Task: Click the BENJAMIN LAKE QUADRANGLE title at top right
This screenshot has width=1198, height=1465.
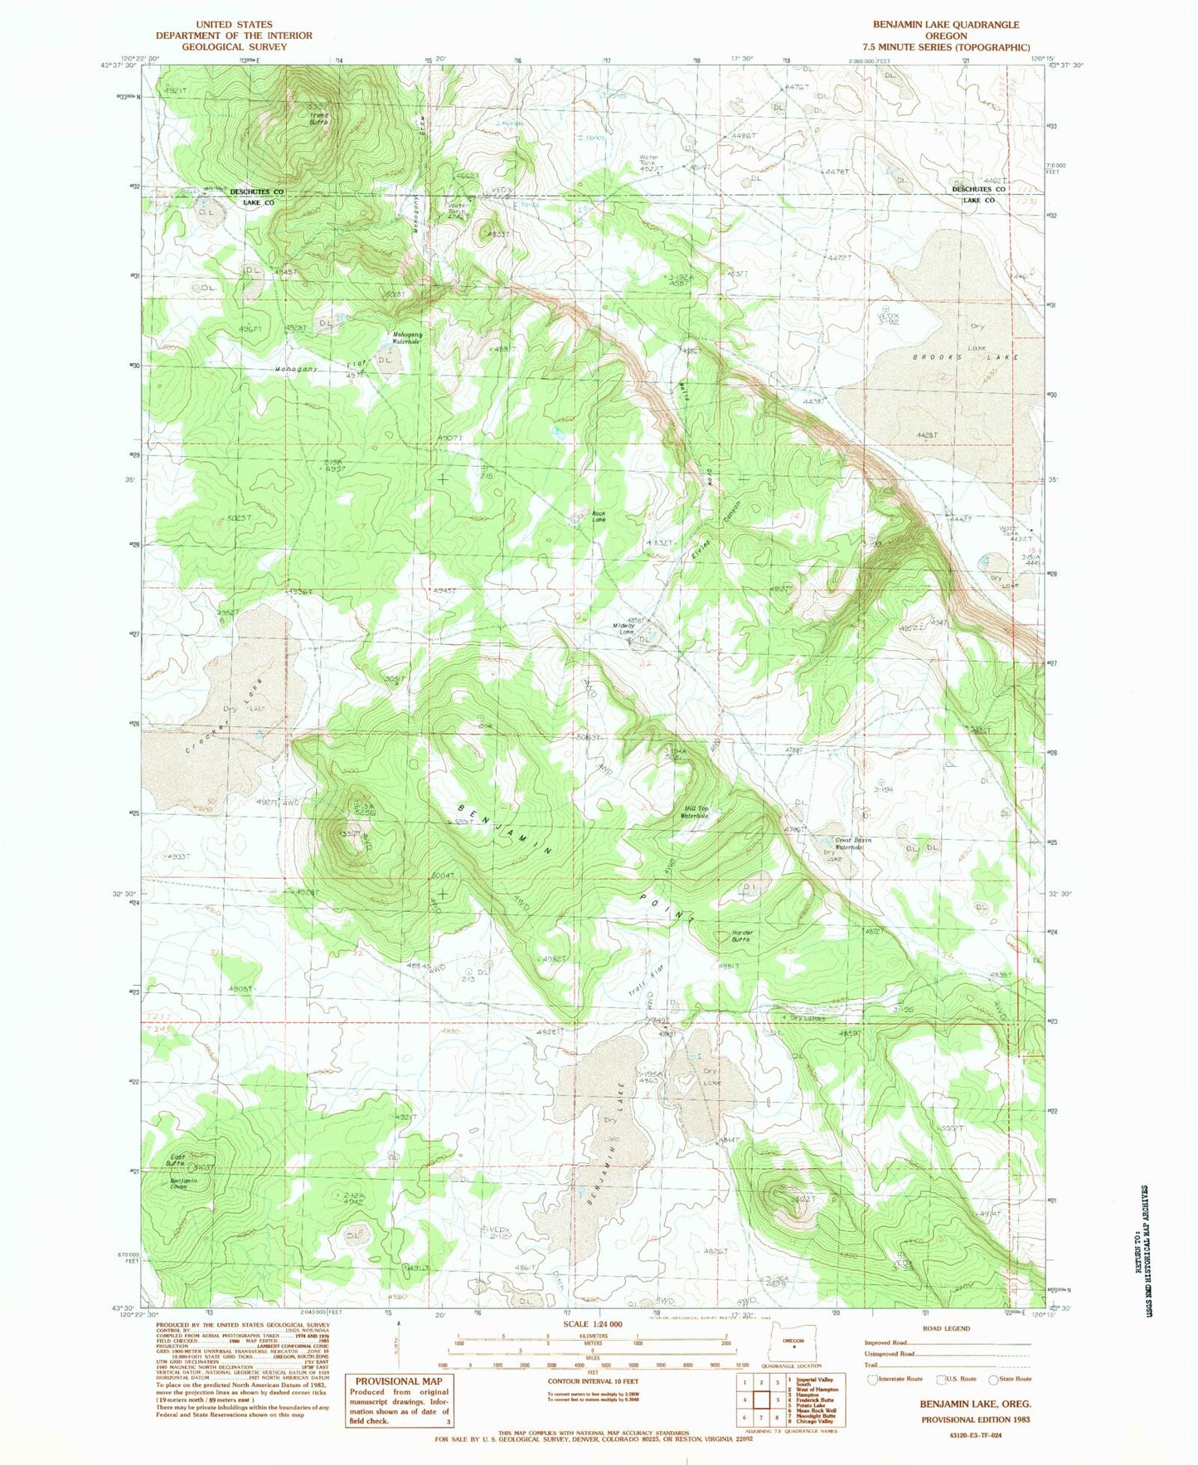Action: coord(946,25)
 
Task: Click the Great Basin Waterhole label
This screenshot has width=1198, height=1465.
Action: coord(854,844)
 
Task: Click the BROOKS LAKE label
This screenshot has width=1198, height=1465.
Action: coord(965,357)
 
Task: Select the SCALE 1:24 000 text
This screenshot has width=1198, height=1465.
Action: coord(592,1323)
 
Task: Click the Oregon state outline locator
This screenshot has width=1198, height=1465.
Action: coord(794,1341)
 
